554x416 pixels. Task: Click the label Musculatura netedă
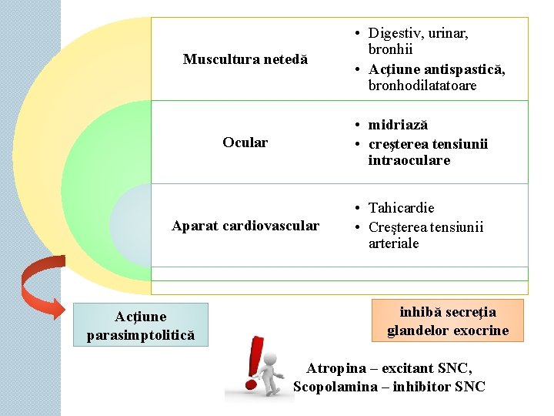tap(245, 59)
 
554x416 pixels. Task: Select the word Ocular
tap(245, 143)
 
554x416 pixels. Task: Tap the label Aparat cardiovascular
tap(245, 226)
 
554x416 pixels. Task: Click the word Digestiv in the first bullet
tap(395, 33)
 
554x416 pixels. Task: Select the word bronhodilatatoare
tap(422, 86)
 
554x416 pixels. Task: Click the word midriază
tap(398, 125)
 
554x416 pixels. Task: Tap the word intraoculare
tap(409, 160)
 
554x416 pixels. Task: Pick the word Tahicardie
tap(401, 208)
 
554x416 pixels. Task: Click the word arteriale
tap(393, 243)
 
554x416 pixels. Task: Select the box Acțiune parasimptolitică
tap(141, 324)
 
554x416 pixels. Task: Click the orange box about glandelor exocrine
tap(447, 321)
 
